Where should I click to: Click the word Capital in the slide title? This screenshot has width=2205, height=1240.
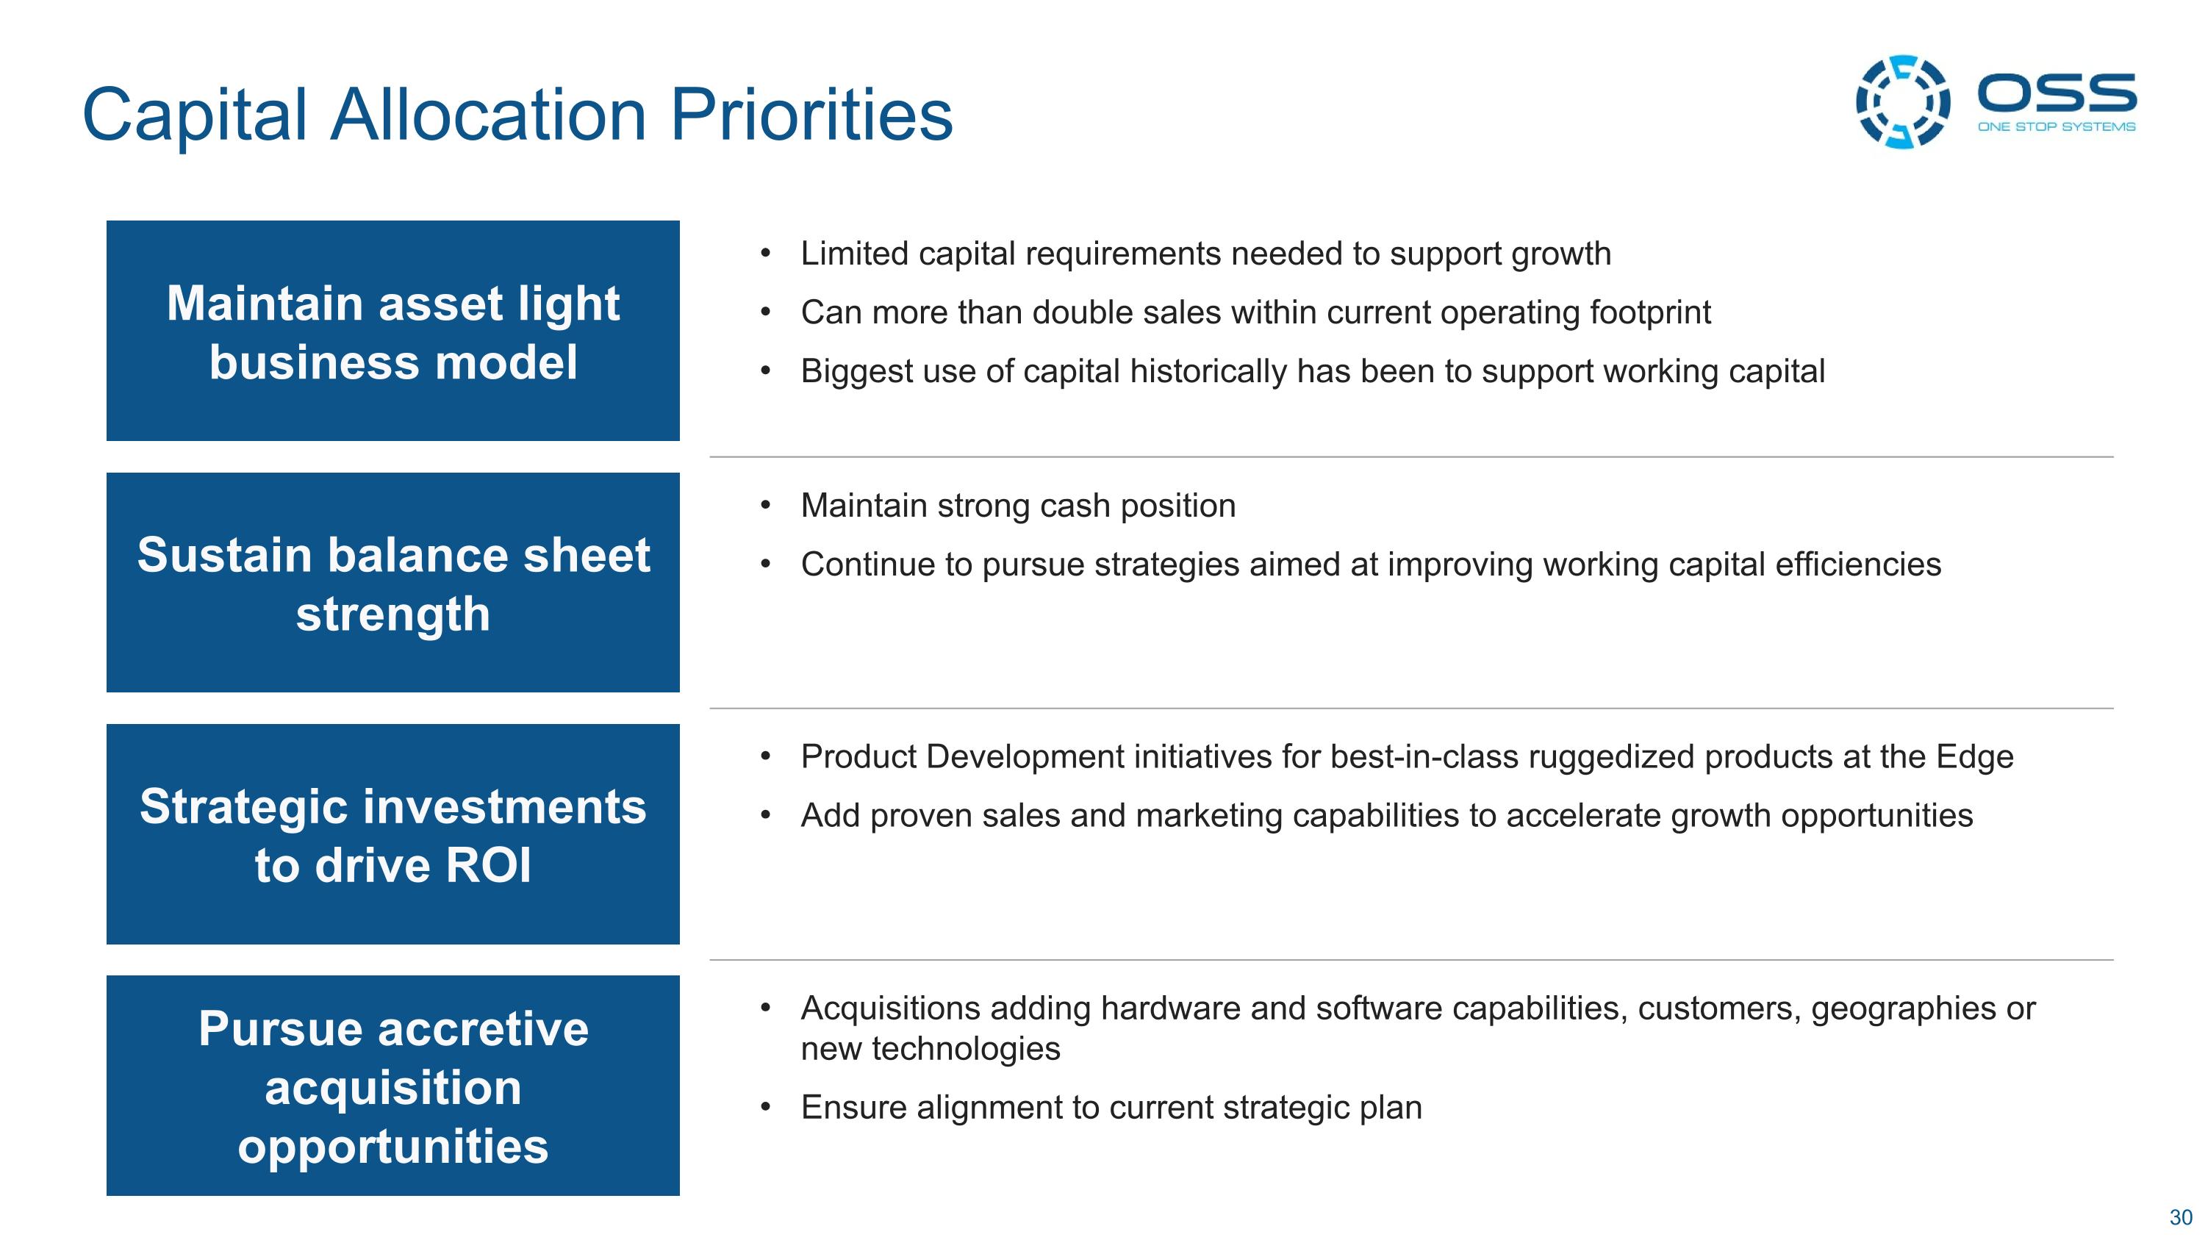[x=194, y=115]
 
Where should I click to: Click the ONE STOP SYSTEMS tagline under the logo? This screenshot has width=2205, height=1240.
[x=2056, y=126]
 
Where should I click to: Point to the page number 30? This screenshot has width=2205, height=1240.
[x=2180, y=1217]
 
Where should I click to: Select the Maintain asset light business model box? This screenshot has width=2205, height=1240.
[x=393, y=330]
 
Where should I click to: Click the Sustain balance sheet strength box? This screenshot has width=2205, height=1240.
[x=393, y=582]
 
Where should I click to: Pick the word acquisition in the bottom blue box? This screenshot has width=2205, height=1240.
[x=393, y=1089]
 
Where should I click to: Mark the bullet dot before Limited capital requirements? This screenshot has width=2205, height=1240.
[x=765, y=254]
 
